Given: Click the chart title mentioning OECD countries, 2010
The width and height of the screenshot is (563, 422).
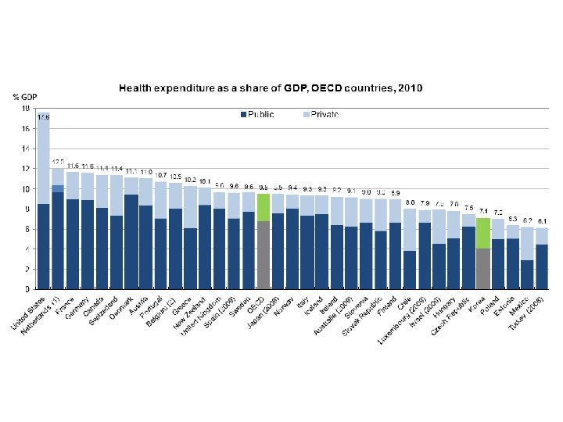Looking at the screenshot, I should click(271, 88).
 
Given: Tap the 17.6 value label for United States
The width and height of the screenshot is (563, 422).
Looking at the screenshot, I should click(43, 117).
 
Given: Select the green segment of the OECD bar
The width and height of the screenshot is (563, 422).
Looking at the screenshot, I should click(264, 207).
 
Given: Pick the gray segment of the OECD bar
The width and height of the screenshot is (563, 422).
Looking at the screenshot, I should click(264, 255).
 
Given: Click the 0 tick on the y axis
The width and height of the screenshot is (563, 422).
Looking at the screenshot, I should click(28, 289).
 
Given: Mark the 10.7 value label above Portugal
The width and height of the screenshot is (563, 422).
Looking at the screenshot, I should click(161, 175).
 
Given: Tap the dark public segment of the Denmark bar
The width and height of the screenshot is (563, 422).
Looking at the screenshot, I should click(131, 241).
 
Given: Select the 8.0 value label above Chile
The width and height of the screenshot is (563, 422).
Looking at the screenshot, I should click(410, 202).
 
